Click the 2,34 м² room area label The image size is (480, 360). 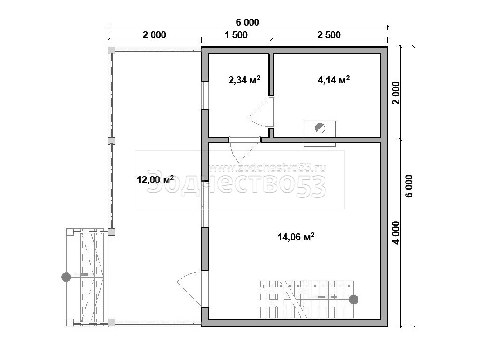(x=244, y=80)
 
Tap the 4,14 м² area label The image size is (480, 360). (x=334, y=80)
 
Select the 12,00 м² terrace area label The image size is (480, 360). (x=155, y=179)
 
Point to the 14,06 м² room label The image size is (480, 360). (x=296, y=237)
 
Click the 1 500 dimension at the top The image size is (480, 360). (x=236, y=34)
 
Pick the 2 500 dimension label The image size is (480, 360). (x=329, y=34)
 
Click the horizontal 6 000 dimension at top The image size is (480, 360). (x=247, y=22)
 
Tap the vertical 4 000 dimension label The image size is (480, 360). (x=396, y=232)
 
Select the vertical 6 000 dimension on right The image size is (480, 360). (x=409, y=186)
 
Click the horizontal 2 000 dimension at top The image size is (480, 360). (x=154, y=34)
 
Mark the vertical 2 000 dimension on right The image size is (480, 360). (x=396, y=93)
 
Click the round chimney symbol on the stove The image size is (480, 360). (x=320, y=128)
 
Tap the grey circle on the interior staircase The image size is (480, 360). (x=354, y=299)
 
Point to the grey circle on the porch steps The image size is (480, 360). (x=66, y=277)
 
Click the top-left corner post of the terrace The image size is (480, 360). (x=112, y=49)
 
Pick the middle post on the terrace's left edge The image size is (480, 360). (x=112, y=141)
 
